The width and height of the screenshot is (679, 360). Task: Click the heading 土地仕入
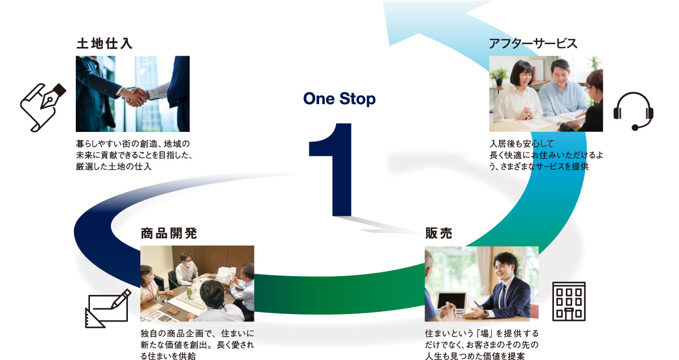104,44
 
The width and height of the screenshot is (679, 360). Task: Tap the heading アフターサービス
533,44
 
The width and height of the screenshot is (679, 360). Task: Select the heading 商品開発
169,233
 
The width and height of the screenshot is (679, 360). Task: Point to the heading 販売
439,233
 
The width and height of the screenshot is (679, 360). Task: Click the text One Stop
339,99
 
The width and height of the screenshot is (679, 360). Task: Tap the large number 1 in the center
330,169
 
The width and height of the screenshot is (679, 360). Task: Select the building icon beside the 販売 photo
569,301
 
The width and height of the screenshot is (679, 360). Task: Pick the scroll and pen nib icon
43,108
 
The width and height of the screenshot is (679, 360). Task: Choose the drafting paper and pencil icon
108,308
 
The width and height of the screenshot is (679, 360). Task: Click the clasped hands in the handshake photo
135,97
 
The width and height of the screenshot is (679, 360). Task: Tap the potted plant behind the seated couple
498,76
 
